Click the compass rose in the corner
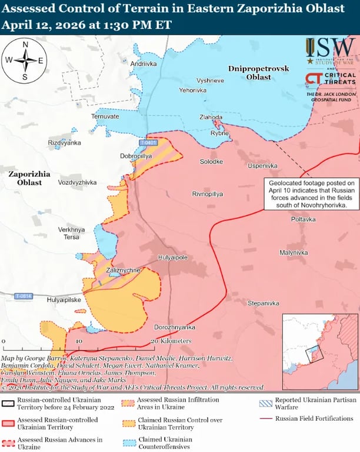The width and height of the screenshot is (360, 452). point(25,60)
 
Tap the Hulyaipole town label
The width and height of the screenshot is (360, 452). point(172,258)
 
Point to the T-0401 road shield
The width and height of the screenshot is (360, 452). point(149,143)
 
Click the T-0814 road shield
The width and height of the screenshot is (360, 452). point(24,295)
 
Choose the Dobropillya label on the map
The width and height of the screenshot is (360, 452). point(136,157)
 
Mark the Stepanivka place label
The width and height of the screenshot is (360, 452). point(263,303)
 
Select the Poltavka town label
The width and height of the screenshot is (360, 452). point(303,219)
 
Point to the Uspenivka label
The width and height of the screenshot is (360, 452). point(262,166)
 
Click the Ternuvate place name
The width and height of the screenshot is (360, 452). point(105,117)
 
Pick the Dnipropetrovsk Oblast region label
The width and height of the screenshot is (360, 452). point(258,73)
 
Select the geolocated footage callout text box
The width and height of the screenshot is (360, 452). point(309,194)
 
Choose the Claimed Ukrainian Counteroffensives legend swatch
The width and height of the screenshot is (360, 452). point(127,442)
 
